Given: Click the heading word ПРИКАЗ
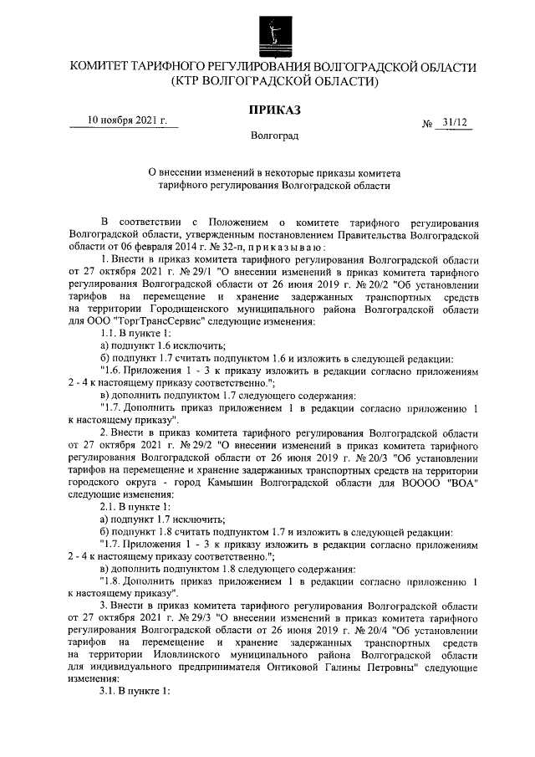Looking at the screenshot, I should (x=273, y=110).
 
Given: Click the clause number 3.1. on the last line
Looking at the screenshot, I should (x=110, y=692).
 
